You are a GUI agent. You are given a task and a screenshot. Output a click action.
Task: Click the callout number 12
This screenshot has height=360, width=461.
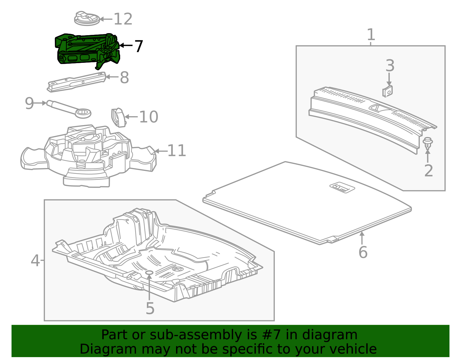pos(123,19)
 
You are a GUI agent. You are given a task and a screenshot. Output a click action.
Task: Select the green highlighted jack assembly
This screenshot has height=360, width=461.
pos(86,49)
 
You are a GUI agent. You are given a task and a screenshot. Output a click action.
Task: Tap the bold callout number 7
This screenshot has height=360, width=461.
pos(139,46)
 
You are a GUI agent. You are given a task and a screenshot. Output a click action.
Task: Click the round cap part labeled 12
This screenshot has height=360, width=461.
pos(87,19)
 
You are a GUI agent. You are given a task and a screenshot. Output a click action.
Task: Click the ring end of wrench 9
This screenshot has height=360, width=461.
pos(83,113)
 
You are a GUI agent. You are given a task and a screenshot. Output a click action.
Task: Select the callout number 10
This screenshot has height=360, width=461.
pos(148,117)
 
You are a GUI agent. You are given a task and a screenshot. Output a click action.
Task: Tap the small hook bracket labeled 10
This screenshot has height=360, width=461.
pos(118,117)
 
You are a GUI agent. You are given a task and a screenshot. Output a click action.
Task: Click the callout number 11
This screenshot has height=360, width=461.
pos(176,151)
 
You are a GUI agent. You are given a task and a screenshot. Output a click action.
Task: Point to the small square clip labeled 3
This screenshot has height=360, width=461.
pos(388,91)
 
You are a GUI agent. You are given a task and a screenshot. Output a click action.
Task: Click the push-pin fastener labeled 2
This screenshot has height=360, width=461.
pos(428,143)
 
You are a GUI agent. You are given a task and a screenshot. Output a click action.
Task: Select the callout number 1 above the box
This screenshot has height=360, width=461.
pos(371,35)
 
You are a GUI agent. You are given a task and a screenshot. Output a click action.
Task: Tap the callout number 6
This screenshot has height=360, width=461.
pos(363,252)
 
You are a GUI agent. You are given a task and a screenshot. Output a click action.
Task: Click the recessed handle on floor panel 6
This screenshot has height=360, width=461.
pos(342,187)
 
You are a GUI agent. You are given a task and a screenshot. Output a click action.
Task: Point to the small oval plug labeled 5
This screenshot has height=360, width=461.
pos(149,272)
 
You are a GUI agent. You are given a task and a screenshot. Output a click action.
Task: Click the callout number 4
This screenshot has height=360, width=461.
pos(35,261)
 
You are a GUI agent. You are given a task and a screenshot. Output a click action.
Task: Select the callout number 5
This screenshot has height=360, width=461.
pos(150,309)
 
